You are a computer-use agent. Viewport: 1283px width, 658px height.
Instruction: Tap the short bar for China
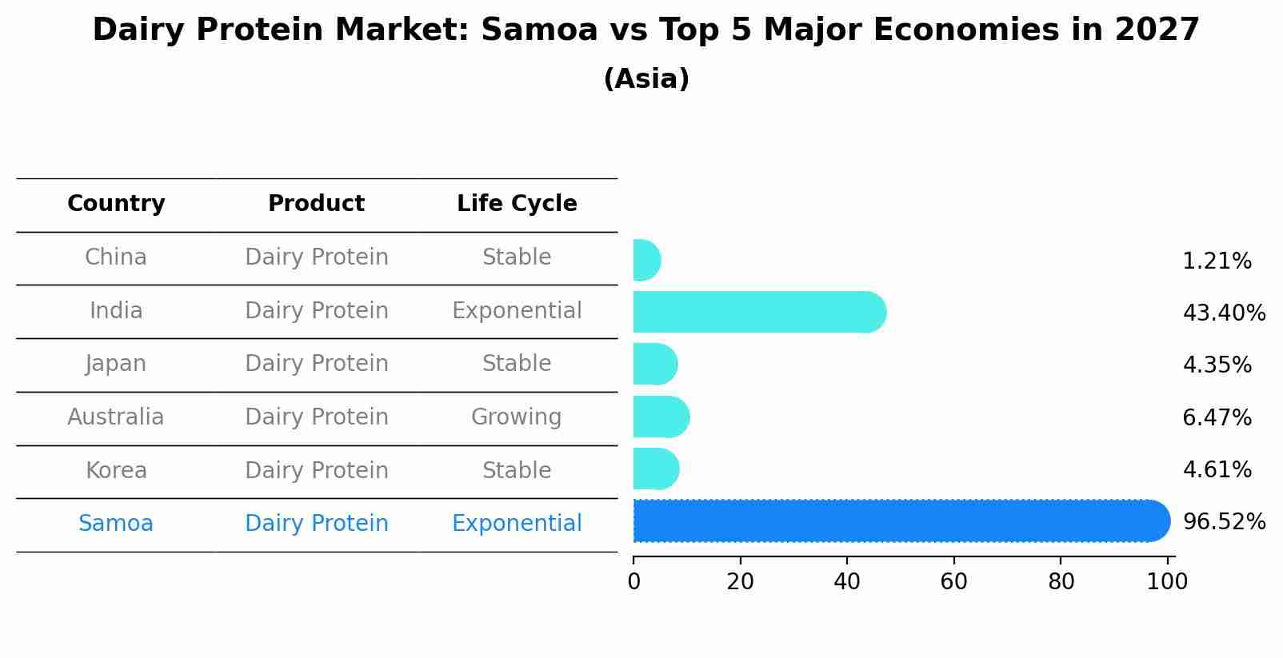coord(645,260)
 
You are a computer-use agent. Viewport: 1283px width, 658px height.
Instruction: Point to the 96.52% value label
coord(1223,522)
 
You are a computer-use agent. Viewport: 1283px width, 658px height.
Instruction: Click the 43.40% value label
coord(1223,313)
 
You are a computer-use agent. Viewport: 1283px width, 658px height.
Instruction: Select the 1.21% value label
coord(1216,261)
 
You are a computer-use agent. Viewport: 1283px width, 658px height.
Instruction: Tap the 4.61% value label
coord(1216,469)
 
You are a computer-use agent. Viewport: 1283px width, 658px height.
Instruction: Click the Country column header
coord(116,204)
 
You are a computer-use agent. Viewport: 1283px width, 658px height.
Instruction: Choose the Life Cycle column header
coord(517,204)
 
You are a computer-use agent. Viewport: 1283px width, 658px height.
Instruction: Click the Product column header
coord(316,204)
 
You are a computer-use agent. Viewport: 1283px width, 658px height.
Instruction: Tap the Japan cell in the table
coord(116,364)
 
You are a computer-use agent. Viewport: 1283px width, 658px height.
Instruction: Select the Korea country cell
coord(116,470)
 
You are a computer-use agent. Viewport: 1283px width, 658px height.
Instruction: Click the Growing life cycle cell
coord(516,417)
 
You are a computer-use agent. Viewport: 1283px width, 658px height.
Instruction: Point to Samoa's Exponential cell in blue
coord(517,524)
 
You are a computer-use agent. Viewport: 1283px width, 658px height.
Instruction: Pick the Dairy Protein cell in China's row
coord(316,257)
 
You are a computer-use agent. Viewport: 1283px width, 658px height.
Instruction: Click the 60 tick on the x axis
coord(953,581)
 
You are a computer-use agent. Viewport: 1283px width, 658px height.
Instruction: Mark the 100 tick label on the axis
coord(1167,581)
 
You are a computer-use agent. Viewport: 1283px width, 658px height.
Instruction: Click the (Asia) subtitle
coord(645,79)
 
